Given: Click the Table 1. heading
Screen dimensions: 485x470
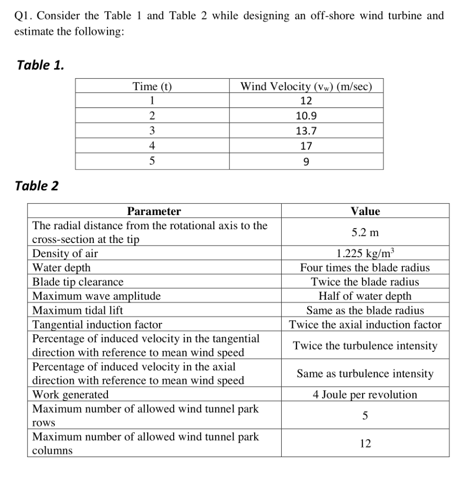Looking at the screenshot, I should [x=40, y=65].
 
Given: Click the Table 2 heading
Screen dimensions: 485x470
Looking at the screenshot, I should [x=37, y=186].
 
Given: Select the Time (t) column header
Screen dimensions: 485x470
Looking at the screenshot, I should [x=152, y=86].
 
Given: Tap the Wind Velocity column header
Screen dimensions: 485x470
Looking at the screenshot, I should [x=306, y=86].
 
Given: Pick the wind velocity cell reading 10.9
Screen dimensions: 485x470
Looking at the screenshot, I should [x=306, y=116].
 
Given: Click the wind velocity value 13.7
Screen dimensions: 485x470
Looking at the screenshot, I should [x=306, y=131].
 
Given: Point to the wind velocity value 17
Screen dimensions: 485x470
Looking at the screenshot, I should [x=306, y=146].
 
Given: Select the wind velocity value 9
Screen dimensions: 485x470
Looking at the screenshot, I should [x=306, y=162].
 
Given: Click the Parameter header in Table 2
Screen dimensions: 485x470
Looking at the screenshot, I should [x=154, y=211].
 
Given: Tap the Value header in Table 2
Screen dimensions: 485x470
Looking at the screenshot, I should [x=365, y=211].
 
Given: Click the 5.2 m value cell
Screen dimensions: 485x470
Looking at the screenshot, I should [x=365, y=233].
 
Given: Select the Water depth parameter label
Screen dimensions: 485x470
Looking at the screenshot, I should [x=61, y=268].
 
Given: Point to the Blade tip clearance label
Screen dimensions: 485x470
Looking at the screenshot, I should [x=78, y=282].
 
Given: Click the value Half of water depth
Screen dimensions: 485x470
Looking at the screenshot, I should [x=365, y=296].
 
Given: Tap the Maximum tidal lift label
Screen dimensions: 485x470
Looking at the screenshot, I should [x=78, y=311].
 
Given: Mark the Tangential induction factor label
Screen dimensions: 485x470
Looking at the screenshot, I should [x=97, y=325].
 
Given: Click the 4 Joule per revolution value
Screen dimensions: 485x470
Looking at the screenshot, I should [x=365, y=395].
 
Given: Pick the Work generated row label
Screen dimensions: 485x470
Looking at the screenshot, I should [x=70, y=395].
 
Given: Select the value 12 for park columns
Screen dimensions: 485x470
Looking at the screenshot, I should [x=365, y=443].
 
